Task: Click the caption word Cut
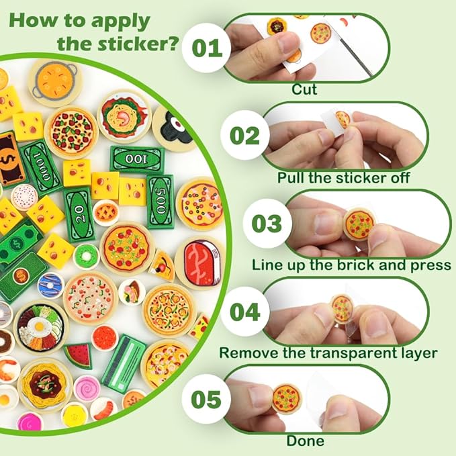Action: click(304, 89)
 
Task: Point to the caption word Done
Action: click(305, 441)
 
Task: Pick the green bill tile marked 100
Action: click(137, 159)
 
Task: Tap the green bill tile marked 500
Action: click(161, 202)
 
